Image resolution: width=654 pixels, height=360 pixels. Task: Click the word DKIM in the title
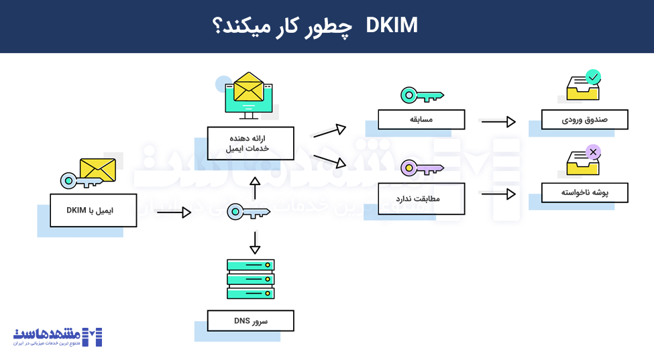(392, 26)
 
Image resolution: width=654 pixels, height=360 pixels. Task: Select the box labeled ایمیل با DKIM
(93, 211)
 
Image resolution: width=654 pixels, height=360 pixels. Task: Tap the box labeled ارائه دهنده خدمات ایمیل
(250, 143)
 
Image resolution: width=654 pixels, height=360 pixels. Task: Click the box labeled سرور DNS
(250, 320)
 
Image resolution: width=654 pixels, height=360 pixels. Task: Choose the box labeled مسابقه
(421, 119)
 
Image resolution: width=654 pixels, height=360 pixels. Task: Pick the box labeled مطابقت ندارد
(421, 198)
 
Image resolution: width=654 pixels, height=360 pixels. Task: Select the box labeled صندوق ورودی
(584, 119)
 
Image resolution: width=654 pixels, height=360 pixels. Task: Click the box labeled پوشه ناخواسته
(584, 192)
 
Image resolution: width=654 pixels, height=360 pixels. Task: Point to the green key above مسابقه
(422, 95)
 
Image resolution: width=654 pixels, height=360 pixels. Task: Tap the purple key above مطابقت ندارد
(422, 168)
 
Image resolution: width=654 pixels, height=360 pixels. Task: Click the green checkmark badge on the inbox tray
(593, 78)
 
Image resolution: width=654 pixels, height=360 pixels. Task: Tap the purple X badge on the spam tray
(593, 152)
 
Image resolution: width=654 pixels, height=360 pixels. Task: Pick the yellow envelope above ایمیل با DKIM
(97, 170)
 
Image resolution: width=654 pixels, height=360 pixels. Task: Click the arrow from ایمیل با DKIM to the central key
(174, 213)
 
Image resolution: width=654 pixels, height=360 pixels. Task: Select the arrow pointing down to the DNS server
(254, 242)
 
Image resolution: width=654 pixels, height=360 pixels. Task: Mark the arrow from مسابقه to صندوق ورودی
(498, 121)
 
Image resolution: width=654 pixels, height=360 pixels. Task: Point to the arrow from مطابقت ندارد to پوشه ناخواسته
(498, 194)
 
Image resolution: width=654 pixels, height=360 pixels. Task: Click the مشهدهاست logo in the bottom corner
(58, 336)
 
